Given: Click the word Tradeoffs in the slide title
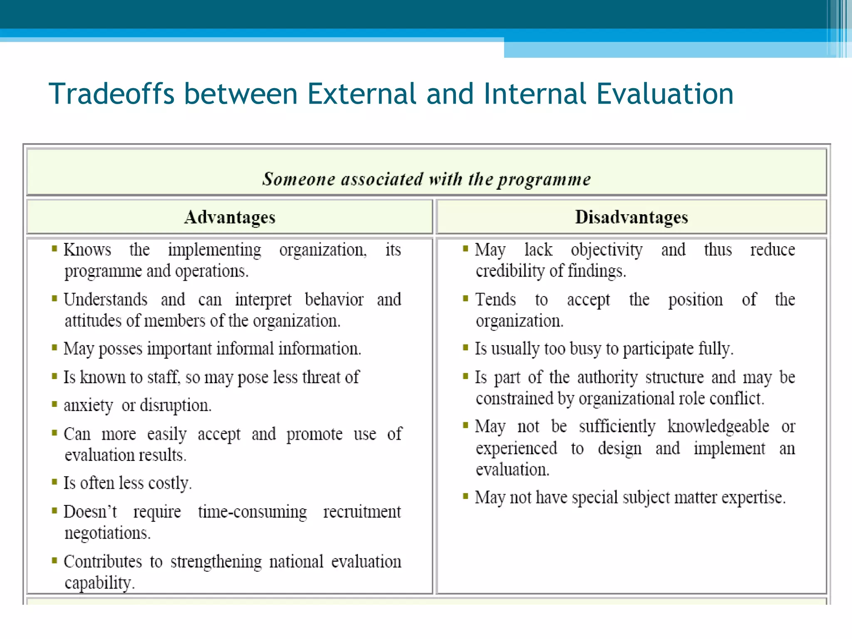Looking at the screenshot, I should click(111, 94).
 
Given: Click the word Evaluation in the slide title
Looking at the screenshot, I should click(664, 94).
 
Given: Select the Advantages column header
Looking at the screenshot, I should click(230, 217).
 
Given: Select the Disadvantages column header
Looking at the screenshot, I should click(631, 217).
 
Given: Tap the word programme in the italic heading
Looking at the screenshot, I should click(544, 179).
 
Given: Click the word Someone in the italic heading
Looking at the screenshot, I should click(298, 179).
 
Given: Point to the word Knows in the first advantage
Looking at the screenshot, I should click(87, 250).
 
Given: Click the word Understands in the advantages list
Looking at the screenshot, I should click(105, 300).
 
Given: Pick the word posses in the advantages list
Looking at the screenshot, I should click(120, 349).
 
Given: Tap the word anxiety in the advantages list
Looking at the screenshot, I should click(88, 406).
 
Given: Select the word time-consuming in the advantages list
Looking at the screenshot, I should click(252, 512).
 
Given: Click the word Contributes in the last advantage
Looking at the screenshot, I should click(103, 562).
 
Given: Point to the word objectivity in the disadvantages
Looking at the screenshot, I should click(606, 250).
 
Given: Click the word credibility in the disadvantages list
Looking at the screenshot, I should click(510, 271).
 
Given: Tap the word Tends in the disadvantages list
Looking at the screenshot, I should click(495, 300).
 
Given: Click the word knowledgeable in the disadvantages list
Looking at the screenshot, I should click(718, 427).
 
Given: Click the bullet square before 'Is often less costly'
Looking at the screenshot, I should click(54, 482).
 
